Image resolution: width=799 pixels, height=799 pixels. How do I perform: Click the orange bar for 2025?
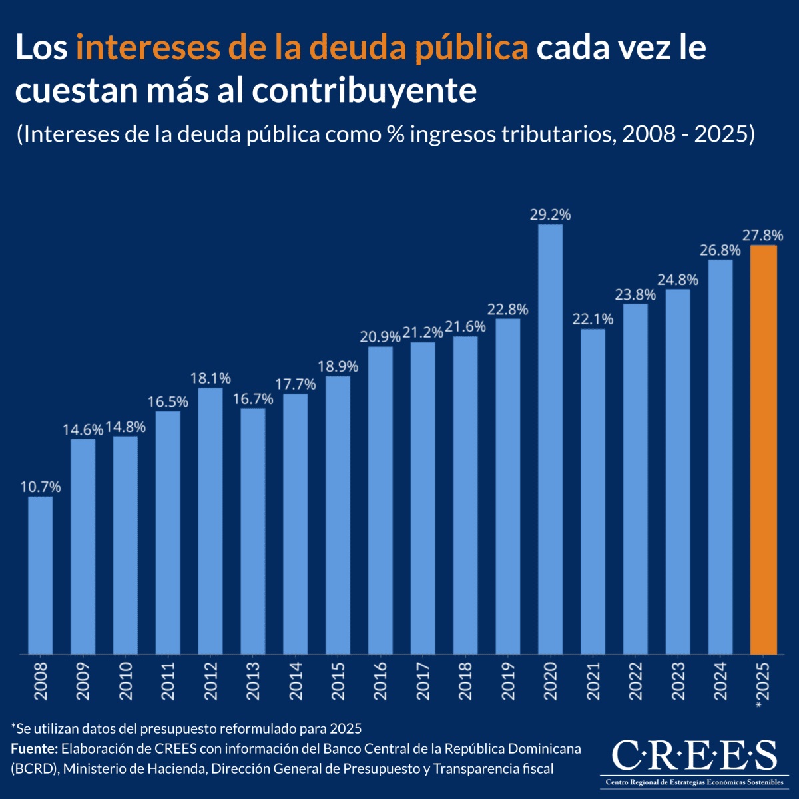(763, 449)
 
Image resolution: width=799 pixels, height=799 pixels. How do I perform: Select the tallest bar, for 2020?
(550, 439)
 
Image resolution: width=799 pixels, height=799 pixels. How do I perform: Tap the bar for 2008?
(40, 575)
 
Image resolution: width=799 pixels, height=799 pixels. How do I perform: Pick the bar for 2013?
(253, 531)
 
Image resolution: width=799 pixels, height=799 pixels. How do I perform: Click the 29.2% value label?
(550, 215)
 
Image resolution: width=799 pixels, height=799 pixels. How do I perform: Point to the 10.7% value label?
(40, 487)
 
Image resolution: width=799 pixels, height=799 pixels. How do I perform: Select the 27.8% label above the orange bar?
(763, 236)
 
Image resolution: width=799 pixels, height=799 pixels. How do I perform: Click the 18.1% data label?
(210, 378)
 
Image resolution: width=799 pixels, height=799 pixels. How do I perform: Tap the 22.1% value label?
(593, 320)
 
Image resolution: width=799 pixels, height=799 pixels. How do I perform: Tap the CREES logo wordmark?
(693, 755)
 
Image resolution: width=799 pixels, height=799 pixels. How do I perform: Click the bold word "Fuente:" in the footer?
(34, 748)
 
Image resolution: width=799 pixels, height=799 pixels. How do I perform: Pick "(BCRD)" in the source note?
(34, 769)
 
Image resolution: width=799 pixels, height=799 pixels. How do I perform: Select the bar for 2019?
(508, 486)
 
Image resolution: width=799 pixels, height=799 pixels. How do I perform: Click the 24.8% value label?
(678, 280)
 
